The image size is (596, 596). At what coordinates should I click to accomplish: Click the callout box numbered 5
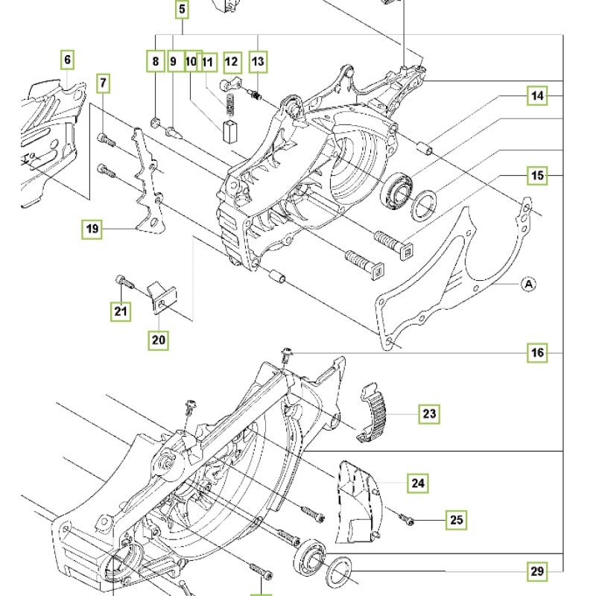183,10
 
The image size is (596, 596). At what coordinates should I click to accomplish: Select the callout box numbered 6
68,59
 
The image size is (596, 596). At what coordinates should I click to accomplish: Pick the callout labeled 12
231,61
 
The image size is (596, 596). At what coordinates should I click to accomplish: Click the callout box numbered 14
537,95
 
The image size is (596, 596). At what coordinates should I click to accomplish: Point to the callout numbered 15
537,176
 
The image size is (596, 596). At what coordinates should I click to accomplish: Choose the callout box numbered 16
537,352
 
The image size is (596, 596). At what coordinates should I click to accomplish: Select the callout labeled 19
92,229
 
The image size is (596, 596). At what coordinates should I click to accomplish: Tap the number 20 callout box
159,340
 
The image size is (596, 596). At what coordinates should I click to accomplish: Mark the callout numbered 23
429,413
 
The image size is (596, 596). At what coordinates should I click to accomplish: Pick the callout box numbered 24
418,484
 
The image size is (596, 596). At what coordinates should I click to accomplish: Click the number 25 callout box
456,519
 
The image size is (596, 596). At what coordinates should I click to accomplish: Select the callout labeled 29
537,572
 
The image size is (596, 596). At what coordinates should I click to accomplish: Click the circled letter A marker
527,283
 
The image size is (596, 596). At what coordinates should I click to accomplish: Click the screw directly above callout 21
123,282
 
